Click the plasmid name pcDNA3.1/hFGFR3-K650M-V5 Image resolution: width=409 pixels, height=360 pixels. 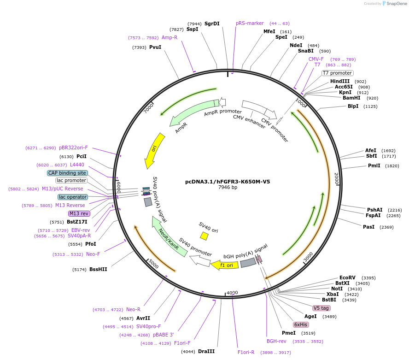[x=228, y=182]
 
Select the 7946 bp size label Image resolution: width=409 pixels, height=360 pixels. [x=228, y=188]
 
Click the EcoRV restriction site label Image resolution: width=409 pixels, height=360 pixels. [x=348, y=277]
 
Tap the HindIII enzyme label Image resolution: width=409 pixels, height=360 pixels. [x=340, y=81]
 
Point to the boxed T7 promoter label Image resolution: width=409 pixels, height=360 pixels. [x=337, y=73]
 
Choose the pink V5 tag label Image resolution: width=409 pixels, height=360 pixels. [x=321, y=308]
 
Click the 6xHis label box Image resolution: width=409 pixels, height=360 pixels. [x=301, y=325]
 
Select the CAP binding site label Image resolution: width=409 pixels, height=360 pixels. [x=67, y=173]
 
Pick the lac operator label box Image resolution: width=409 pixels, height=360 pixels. [x=73, y=197]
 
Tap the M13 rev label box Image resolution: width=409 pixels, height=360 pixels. [x=79, y=213]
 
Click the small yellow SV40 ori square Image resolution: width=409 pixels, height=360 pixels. [x=204, y=236]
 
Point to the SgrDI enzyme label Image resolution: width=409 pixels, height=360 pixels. [x=212, y=24]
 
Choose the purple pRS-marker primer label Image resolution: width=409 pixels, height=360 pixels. [x=250, y=23]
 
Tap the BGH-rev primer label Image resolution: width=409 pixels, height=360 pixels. [x=276, y=341]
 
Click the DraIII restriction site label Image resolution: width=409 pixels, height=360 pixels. [x=206, y=351]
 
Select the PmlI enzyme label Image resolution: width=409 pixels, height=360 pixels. [x=374, y=165]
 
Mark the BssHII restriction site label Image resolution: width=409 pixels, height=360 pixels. [x=98, y=269]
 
